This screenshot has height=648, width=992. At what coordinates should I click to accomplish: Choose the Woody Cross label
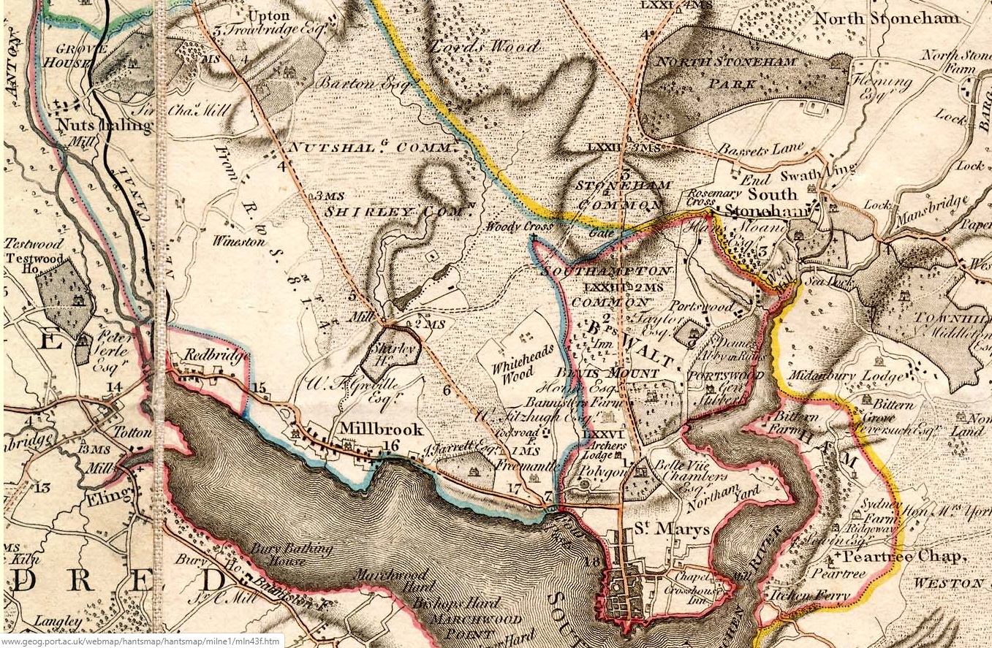518,227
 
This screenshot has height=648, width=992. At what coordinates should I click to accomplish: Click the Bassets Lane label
760,149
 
